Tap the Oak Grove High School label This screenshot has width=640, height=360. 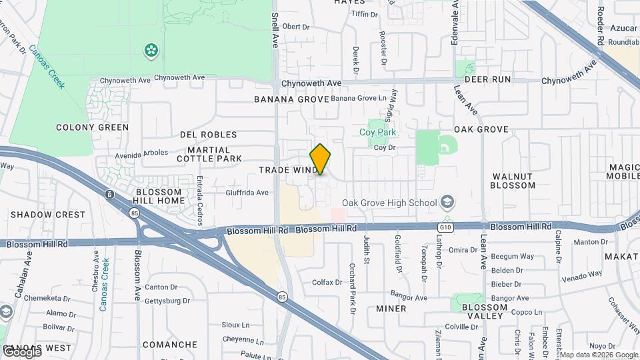(x=389, y=203)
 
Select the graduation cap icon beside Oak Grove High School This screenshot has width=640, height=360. (x=447, y=202)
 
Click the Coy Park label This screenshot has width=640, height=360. (x=378, y=132)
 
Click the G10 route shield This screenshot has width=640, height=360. (x=445, y=227)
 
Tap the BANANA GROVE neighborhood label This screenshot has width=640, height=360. (x=291, y=99)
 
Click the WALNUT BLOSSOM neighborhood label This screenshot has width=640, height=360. (x=513, y=181)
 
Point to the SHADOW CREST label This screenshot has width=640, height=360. (x=48, y=215)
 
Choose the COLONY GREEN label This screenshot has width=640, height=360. (x=92, y=127)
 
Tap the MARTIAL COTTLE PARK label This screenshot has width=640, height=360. (x=209, y=154)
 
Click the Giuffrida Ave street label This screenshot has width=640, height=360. (x=247, y=193)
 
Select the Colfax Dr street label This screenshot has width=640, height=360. (x=327, y=282)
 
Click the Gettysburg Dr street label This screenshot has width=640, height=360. (x=167, y=301)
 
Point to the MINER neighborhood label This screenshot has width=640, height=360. (x=391, y=309)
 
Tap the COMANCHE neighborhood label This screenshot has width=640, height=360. (x=170, y=345)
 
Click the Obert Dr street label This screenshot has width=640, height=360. (x=297, y=27)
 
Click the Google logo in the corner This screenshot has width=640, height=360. (x=21, y=352)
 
